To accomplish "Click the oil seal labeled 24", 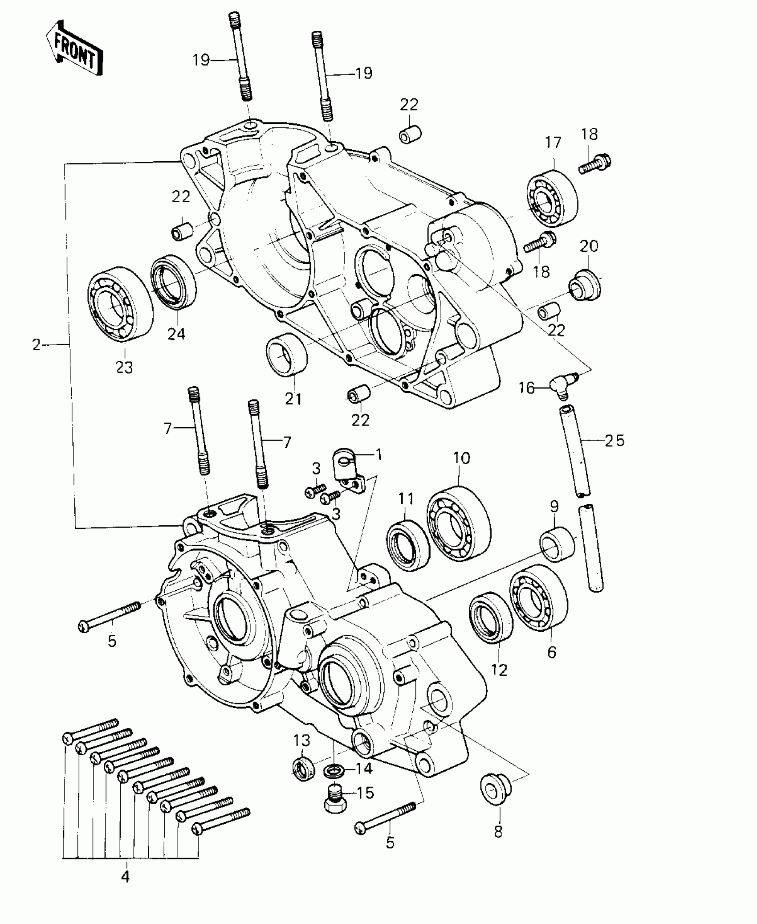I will pyautogui.click(x=173, y=282).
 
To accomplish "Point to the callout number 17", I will pyautogui.click(x=553, y=143).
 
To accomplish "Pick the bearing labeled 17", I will pyautogui.click(x=552, y=196).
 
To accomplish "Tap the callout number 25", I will pyautogui.click(x=615, y=441).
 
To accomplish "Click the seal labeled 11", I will pyautogui.click(x=407, y=545).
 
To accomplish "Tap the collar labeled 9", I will pyautogui.click(x=557, y=544).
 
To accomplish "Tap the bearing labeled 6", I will pyautogui.click(x=539, y=597).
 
